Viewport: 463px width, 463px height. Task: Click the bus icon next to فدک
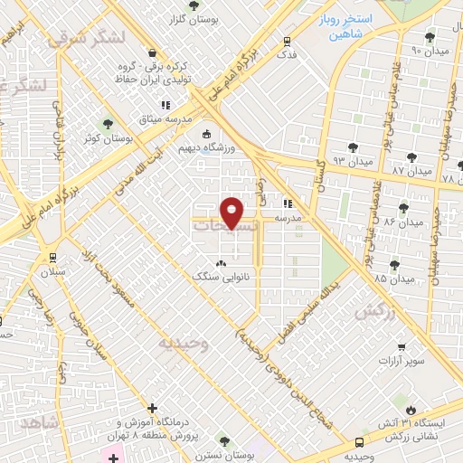[288, 42]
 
